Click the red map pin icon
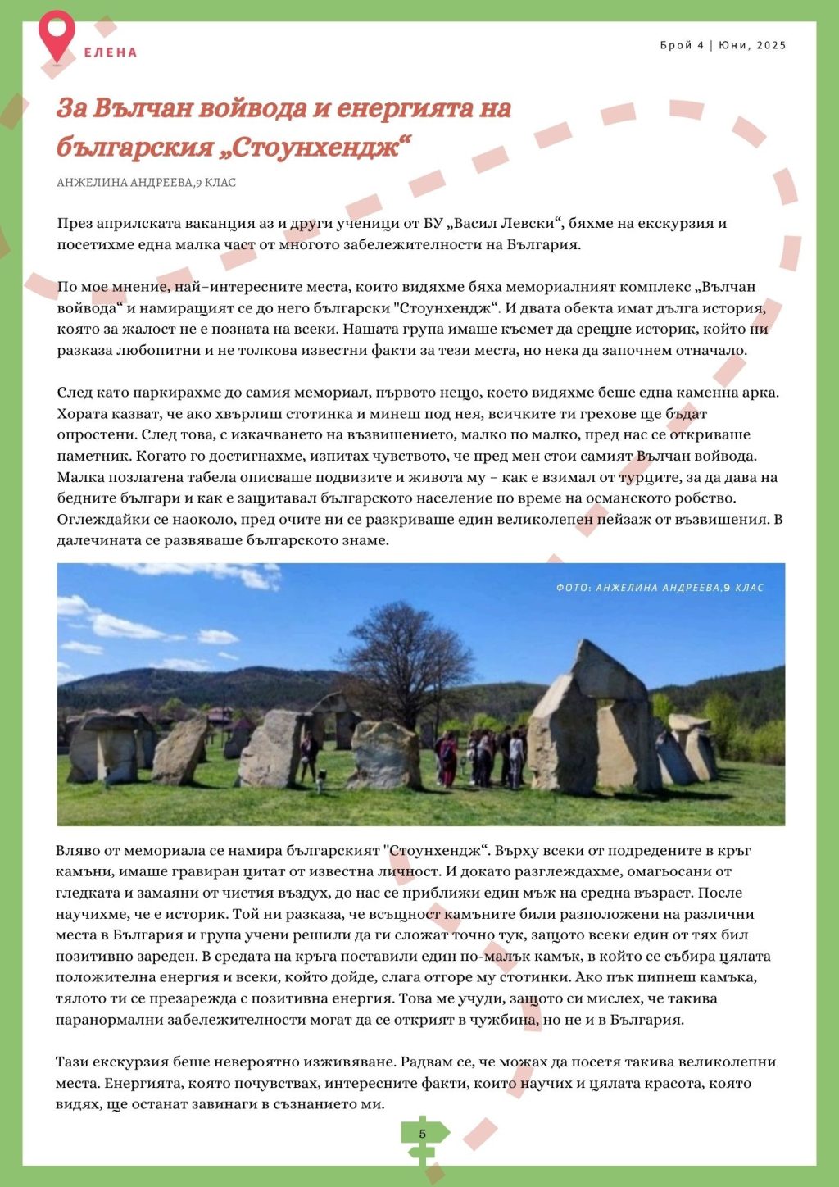tap(57, 33)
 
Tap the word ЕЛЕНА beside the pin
tap(111, 52)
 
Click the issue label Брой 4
tap(682, 45)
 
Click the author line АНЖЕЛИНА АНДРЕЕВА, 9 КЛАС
tap(146, 183)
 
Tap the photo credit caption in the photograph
tap(660, 588)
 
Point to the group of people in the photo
tap(479, 756)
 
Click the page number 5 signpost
tap(423, 1135)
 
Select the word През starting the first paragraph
tap(74, 224)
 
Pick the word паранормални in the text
tap(105, 1020)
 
